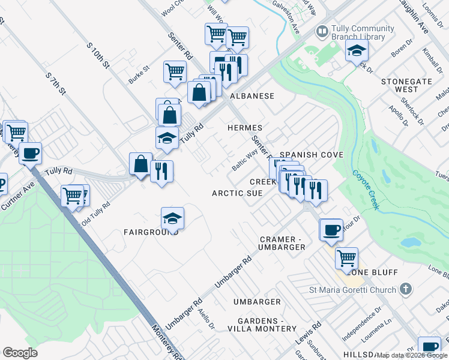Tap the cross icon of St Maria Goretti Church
point(406,290)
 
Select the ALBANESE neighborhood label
point(251,96)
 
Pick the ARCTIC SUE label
point(237,193)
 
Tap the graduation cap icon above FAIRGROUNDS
point(172,218)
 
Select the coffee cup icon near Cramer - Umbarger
point(331,229)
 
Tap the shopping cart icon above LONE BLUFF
point(347,258)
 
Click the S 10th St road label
point(99,56)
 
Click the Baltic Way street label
point(244,160)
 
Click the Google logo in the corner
point(20,353)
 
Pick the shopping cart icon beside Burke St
point(175,71)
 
